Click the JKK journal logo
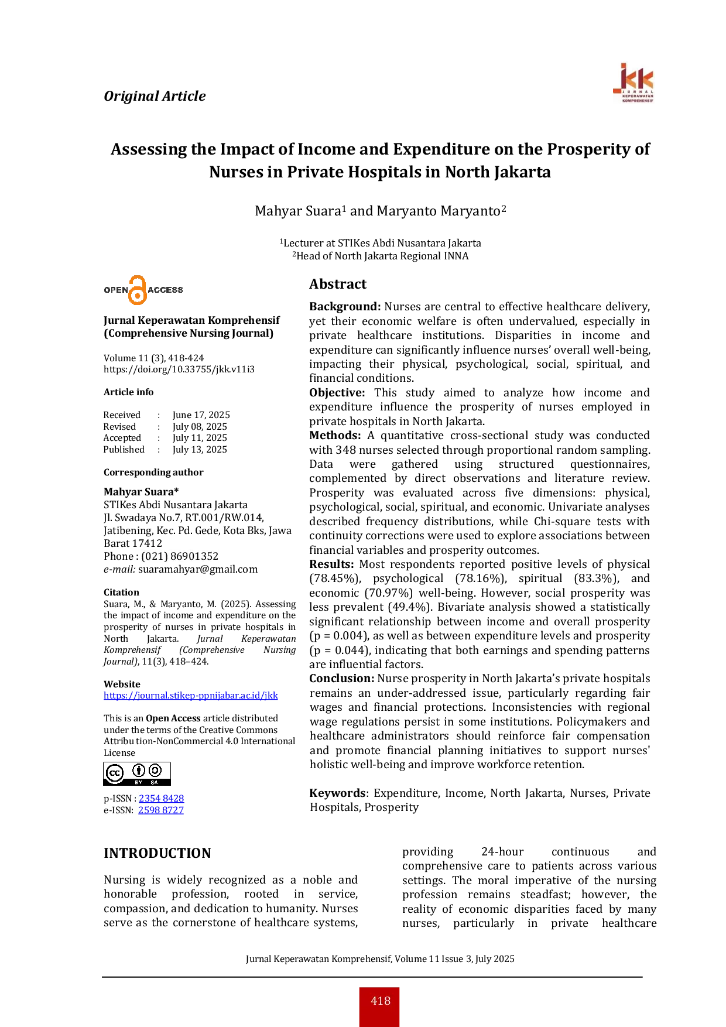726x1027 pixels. point(633,83)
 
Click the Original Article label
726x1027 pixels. point(155,96)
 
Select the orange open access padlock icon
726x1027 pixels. point(138,290)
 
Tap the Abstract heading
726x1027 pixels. point(338,284)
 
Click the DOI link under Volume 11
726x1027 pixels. point(179,369)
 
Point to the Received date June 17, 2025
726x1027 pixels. point(201,415)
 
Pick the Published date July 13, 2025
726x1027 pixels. point(200,450)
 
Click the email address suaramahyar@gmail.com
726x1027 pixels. point(198,569)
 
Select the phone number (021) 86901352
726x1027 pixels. point(180,556)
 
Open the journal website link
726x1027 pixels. point(191,696)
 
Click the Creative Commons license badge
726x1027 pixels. point(137,773)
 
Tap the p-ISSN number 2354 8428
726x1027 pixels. point(162,799)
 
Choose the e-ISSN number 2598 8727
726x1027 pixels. point(161,810)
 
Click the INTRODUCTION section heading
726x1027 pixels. point(157,853)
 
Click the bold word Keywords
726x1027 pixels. point(337,793)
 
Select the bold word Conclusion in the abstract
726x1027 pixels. point(342,679)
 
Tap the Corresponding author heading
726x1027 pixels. point(153,473)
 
